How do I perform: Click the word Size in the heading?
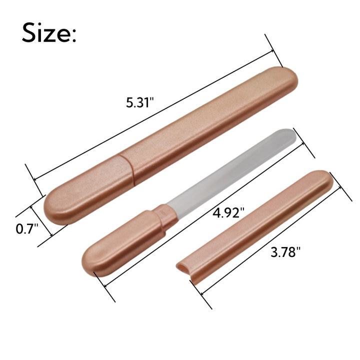tap(46, 32)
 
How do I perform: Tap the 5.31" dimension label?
tap(139, 102)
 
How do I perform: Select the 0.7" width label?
tap(27, 229)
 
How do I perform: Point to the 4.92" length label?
tap(228, 213)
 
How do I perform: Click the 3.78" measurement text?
tap(285, 252)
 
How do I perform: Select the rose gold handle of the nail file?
tap(124, 243)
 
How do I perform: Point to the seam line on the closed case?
tap(127, 169)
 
